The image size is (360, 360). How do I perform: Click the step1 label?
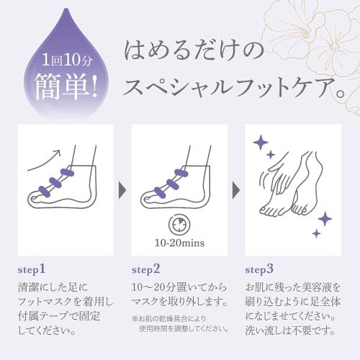(32, 270)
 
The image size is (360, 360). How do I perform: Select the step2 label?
(147, 270)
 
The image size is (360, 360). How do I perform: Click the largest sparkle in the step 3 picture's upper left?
(258, 144)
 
